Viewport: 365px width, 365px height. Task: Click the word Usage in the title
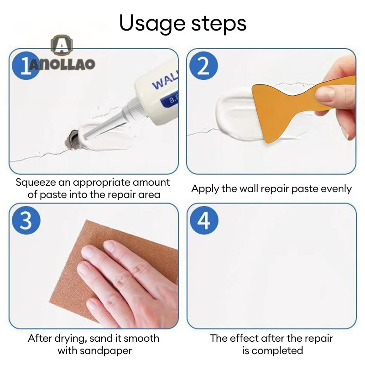(152, 23)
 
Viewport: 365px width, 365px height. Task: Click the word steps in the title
(219, 23)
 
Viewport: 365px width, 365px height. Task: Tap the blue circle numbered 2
(203, 65)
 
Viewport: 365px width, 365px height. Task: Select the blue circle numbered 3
(26, 220)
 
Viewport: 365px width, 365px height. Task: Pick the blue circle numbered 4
(204, 220)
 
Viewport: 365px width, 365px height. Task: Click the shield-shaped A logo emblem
(62, 45)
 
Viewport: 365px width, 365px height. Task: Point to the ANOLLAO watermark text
(62, 64)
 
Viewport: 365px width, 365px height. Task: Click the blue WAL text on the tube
(165, 80)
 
